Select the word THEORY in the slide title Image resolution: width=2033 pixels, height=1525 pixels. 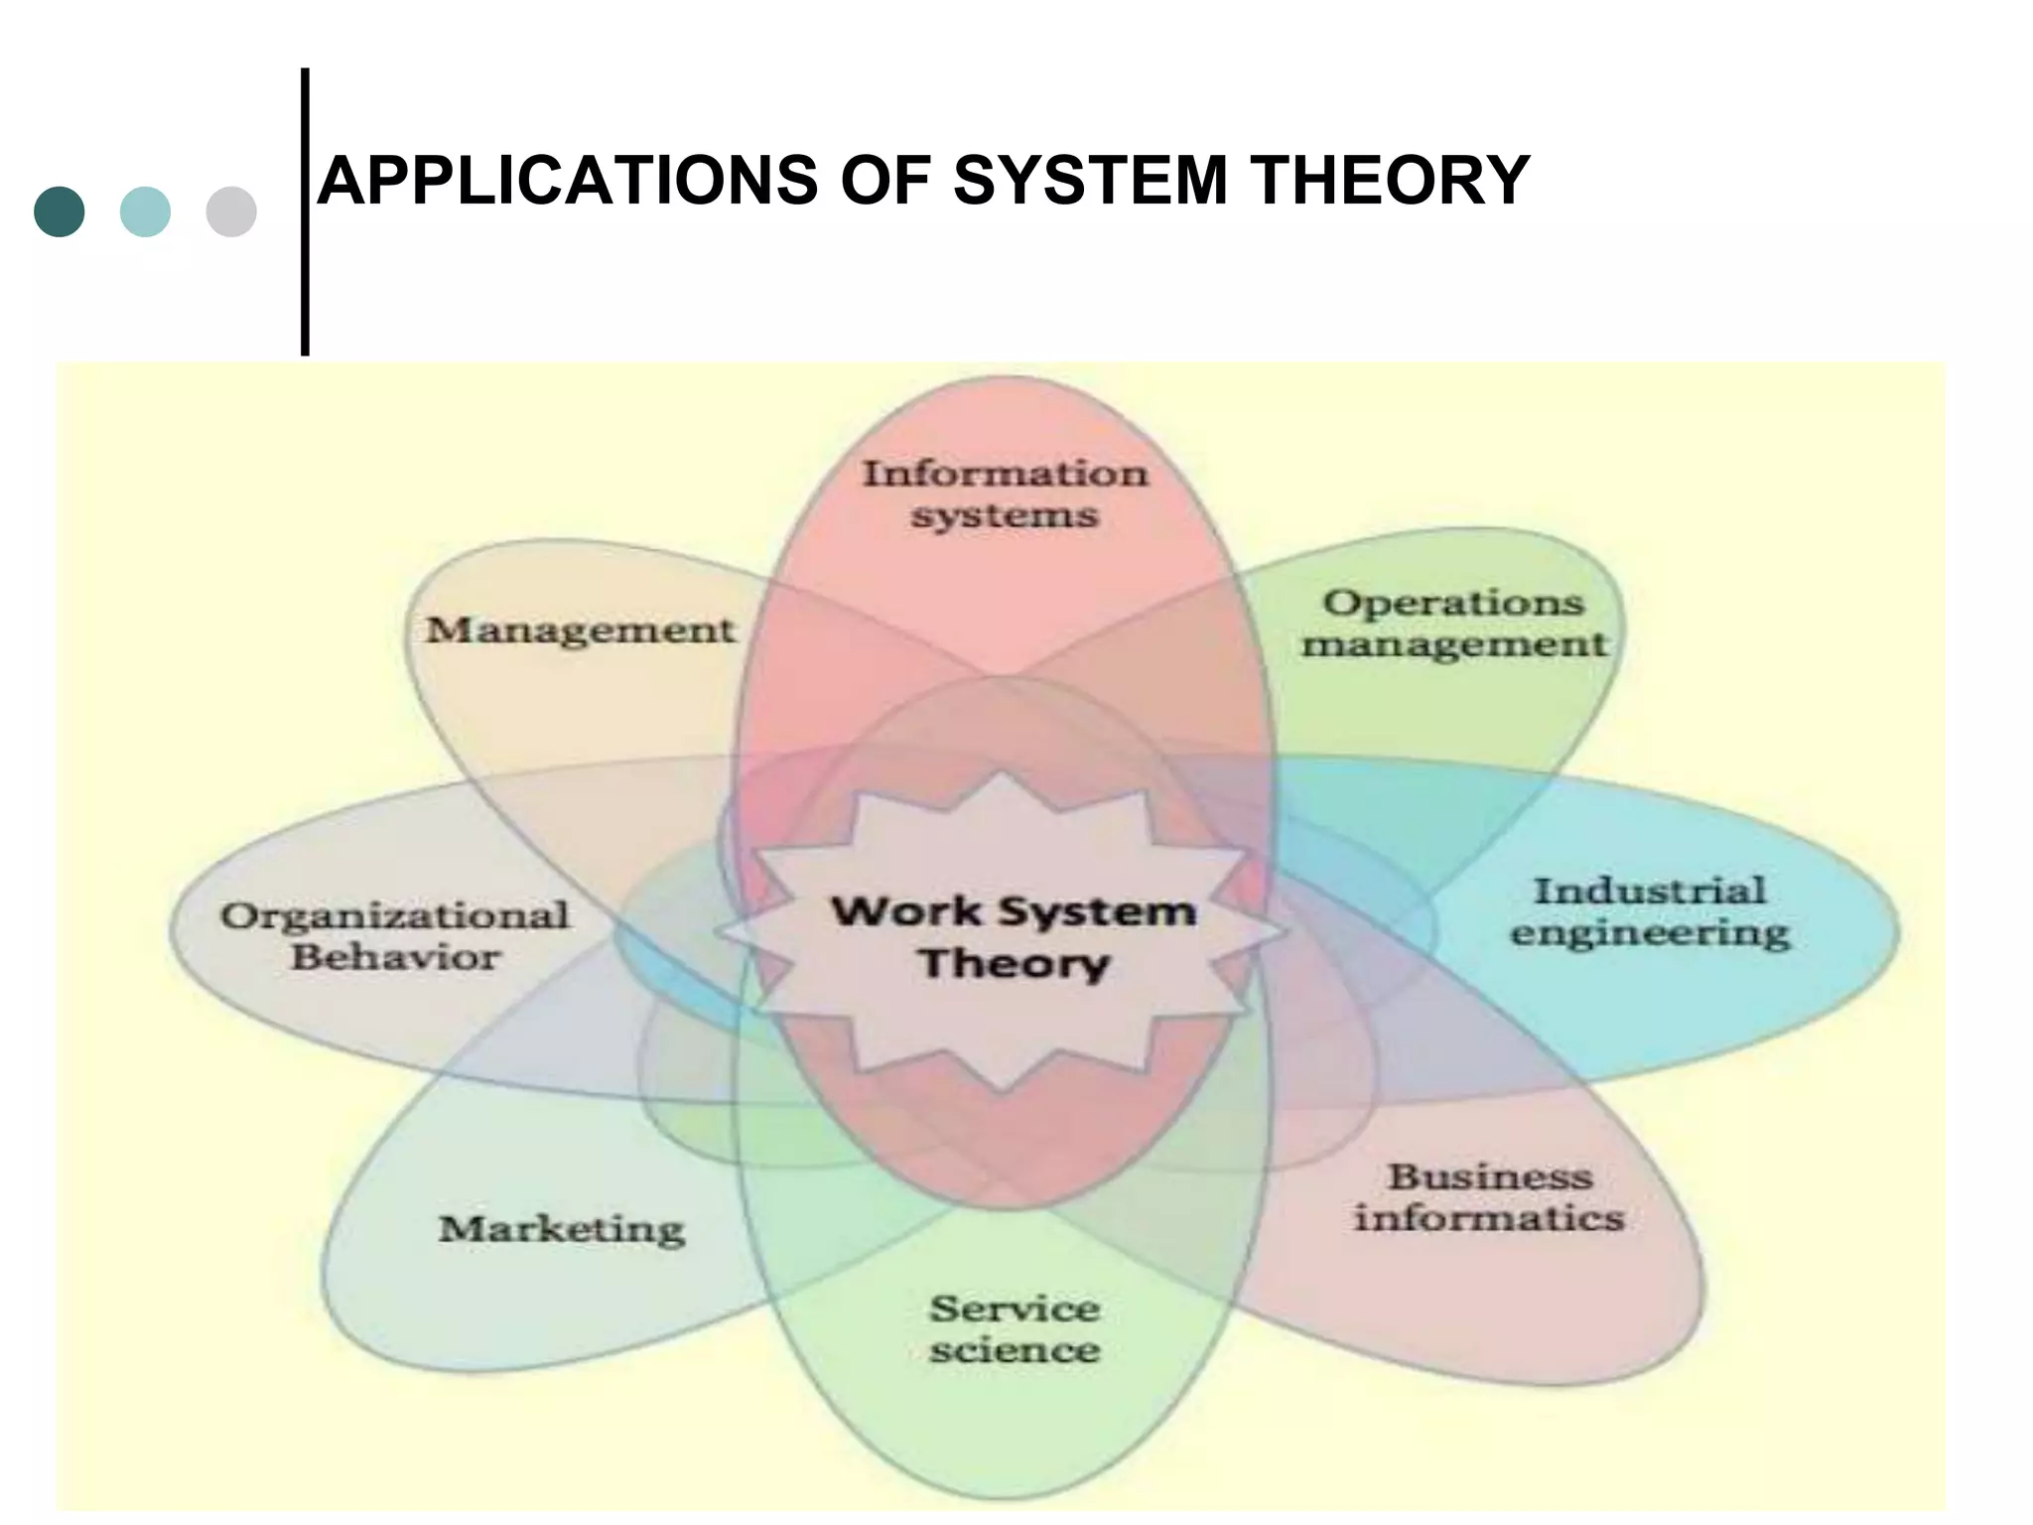tap(1389, 181)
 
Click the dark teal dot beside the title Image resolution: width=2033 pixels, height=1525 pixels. tap(60, 211)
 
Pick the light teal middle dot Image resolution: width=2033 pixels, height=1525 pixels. tap(145, 211)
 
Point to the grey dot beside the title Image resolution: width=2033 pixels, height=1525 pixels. tap(231, 211)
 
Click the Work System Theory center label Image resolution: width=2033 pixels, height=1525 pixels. tap(1013, 936)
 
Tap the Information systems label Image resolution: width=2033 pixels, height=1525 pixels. tap(1005, 494)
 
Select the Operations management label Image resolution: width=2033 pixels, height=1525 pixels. tap(1454, 623)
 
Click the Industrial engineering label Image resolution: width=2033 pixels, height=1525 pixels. tap(1650, 911)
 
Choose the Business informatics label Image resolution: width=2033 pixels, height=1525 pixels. tap(1489, 1197)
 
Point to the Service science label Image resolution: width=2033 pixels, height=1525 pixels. tap(1015, 1328)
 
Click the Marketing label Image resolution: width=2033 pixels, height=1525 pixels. tap(562, 1229)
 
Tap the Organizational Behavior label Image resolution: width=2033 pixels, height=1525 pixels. tap(395, 935)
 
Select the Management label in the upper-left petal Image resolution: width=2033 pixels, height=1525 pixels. tap(581, 629)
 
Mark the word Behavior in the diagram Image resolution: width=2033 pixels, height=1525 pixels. tap(395, 957)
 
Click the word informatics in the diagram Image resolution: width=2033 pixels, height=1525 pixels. tap(1489, 1218)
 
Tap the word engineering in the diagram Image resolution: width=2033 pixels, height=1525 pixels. tap(1650, 933)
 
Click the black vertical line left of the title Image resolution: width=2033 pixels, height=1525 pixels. tap(305, 211)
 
